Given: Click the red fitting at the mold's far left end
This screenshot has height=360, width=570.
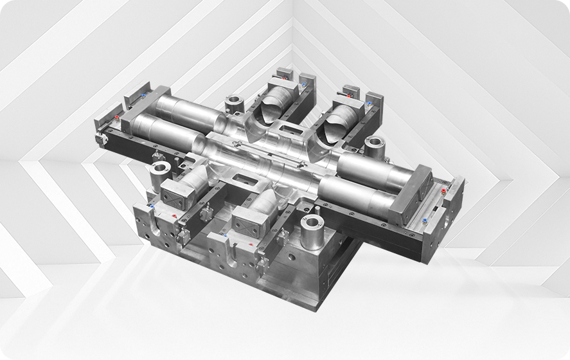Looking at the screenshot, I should point(117,118).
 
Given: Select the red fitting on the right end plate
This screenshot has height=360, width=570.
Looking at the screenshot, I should point(424,222).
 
